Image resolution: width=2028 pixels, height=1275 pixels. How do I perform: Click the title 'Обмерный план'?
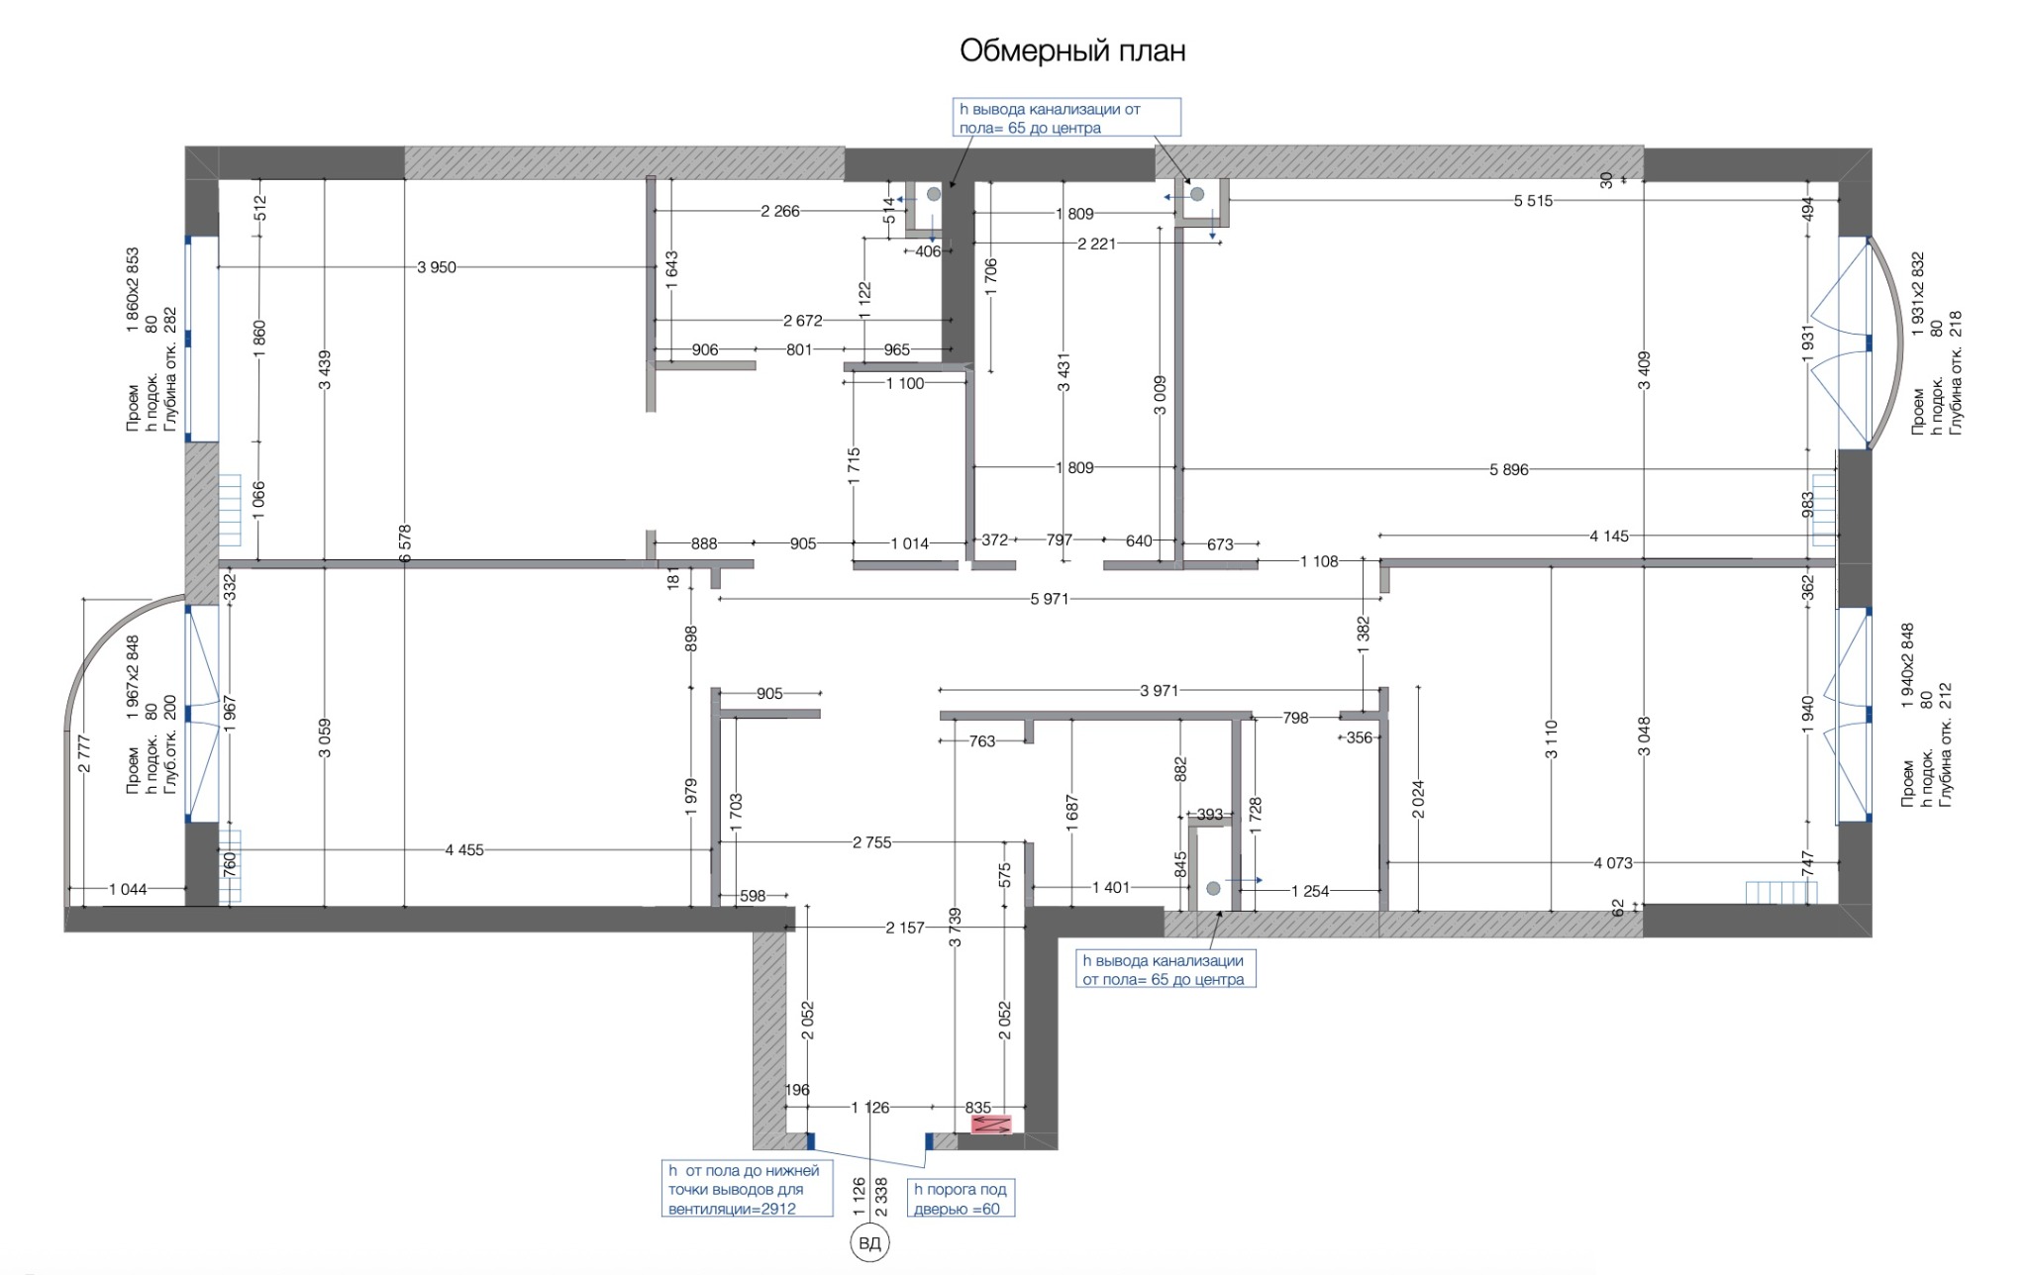(x=1072, y=50)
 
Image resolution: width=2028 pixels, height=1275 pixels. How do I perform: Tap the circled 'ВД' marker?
(x=869, y=1244)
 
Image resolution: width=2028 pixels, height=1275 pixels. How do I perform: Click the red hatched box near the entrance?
(x=991, y=1125)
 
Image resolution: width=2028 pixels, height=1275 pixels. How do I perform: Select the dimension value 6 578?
(x=404, y=544)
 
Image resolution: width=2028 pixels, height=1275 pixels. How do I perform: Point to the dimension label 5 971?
(x=1050, y=599)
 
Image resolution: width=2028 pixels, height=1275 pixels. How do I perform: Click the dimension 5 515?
(x=1533, y=201)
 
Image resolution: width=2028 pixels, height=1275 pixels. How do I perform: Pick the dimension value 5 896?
(x=1509, y=469)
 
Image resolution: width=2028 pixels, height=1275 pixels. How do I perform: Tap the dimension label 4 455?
(x=464, y=849)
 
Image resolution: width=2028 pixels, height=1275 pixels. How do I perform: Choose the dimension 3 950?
(x=437, y=267)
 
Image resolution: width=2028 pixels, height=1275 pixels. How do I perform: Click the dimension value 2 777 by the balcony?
(x=84, y=753)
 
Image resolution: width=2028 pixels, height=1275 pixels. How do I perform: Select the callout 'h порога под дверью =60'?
(x=961, y=1199)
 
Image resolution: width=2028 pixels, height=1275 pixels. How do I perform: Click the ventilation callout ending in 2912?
(x=747, y=1189)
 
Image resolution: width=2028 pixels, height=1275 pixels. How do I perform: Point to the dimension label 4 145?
(x=1609, y=536)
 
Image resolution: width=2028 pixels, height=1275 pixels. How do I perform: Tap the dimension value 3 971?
(x=1160, y=690)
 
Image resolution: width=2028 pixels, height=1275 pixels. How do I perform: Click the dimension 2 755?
(x=872, y=842)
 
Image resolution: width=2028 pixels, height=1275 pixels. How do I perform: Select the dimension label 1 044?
(x=128, y=889)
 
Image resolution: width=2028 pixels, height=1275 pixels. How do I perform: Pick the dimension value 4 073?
(x=1613, y=862)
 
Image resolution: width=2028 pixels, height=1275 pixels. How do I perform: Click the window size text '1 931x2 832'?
(x=1918, y=294)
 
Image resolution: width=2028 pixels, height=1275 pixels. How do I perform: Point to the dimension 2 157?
(x=905, y=928)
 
